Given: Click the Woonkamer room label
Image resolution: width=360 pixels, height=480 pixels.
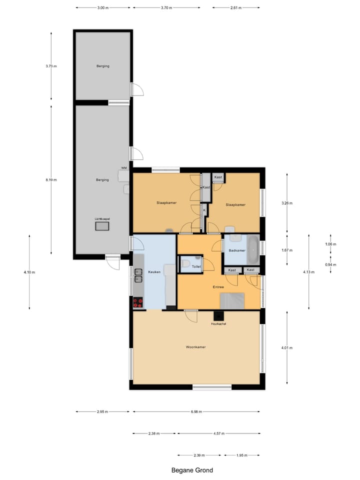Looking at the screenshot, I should coord(195,347).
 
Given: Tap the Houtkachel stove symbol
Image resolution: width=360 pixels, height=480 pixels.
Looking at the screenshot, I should coord(218,316).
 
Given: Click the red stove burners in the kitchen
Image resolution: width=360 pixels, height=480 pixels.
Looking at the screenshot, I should coord(137,302).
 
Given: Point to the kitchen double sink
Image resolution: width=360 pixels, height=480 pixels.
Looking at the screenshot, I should coord(138,275).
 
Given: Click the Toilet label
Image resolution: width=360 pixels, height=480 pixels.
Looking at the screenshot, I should coord(196,267).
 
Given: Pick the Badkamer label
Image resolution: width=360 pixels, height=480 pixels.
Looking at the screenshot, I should coord(236,250).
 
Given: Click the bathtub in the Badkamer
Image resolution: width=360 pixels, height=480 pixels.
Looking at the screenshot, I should coord(254,249).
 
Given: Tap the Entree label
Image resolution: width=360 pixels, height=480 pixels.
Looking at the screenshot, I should coord(218,287).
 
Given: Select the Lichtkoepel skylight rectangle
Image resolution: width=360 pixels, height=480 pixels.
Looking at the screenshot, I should coord(102,226).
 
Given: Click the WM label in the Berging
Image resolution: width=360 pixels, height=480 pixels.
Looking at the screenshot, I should coord(123,168).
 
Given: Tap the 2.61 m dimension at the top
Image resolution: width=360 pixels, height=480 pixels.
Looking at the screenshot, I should coord(236,8).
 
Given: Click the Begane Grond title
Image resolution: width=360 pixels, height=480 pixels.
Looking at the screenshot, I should coord(192,470).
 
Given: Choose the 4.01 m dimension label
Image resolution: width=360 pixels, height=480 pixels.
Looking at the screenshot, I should coord(286,348).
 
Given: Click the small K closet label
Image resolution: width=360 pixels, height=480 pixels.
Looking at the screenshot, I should coord(204,210).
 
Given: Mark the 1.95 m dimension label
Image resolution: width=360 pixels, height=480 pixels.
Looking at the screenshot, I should coord(241,455).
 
